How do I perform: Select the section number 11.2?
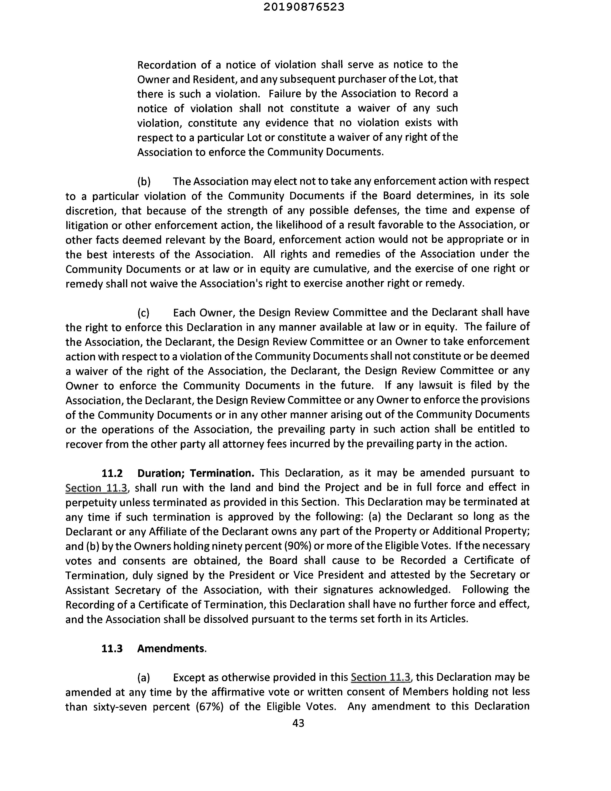tap(112, 473)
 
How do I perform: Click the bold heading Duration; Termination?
tap(196, 473)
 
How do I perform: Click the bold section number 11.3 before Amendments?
tap(112, 648)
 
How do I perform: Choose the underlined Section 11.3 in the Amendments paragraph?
tap(381, 677)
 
